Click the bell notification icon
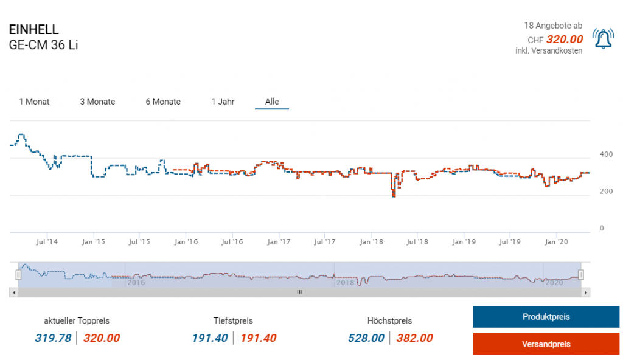pyautogui.click(x=604, y=38)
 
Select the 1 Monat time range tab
pyautogui.click(x=34, y=102)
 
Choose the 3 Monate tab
pyautogui.click(x=97, y=102)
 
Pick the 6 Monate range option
pyautogui.click(x=163, y=102)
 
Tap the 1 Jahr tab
pyautogui.click(x=223, y=102)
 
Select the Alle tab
pyautogui.click(x=272, y=102)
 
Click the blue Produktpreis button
pyautogui.click(x=546, y=317)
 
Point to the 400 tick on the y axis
pyautogui.click(x=606, y=154)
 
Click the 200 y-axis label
pyautogui.click(x=606, y=192)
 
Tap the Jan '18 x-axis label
pyautogui.click(x=371, y=242)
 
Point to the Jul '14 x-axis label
pyautogui.click(x=47, y=242)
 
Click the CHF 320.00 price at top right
pyautogui.click(x=564, y=40)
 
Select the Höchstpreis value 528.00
pyautogui.click(x=366, y=338)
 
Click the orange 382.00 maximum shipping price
pyautogui.click(x=414, y=338)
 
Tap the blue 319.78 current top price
pyautogui.click(x=58, y=338)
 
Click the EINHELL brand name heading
pyautogui.click(x=34, y=30)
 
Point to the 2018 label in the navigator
pyautogui.click(x=345, y=282)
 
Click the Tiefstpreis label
pyautogui.click(x=233, y=320)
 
